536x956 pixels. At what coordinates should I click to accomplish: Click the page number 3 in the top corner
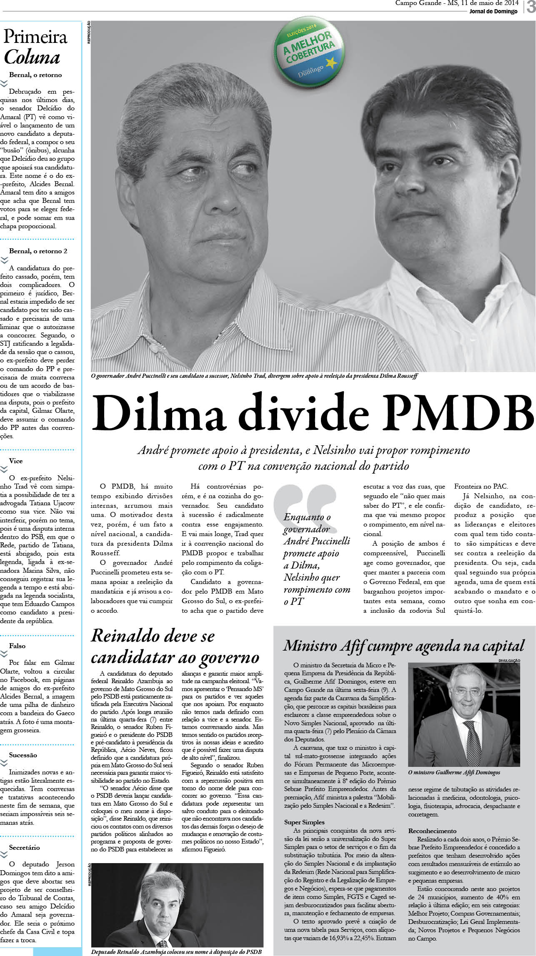tap(530, 7)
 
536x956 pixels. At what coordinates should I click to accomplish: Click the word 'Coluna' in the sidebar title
tap(32, 57)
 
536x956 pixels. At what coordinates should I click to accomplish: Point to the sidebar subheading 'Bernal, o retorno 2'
tap(38, 251)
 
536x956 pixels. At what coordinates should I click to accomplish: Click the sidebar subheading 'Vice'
tap(16, 461)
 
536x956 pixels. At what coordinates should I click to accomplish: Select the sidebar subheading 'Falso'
tap(18, 646)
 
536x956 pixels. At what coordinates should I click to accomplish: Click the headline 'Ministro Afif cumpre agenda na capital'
tap(403, 646)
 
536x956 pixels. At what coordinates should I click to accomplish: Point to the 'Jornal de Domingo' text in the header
tap(493, 12)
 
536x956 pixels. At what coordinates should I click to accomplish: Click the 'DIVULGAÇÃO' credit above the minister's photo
tap(509, 661)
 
